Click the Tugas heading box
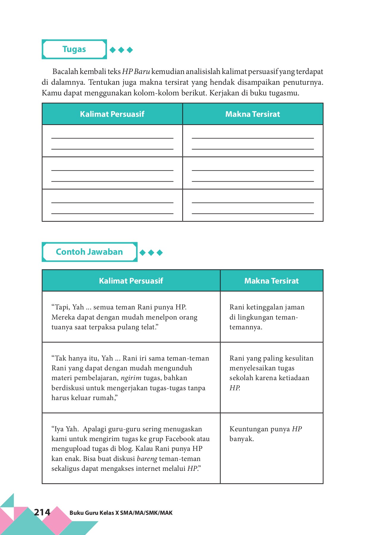(74, 49)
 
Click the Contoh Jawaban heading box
(89, 252)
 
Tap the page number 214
(42, 512)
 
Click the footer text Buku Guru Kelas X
(121, 513)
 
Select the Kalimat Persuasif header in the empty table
(112, 114)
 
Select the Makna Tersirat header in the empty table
(253, 114)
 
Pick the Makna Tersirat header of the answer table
(271, 281)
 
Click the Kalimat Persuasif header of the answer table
(131, 281)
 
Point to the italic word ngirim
(131, 378)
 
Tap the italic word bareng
(147, 459)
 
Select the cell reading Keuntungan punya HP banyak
(265, 434)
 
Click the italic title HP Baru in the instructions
(136, 72)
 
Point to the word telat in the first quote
(149, 327)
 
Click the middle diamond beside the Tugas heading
(121, 50)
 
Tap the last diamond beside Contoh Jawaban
(160, 253)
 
